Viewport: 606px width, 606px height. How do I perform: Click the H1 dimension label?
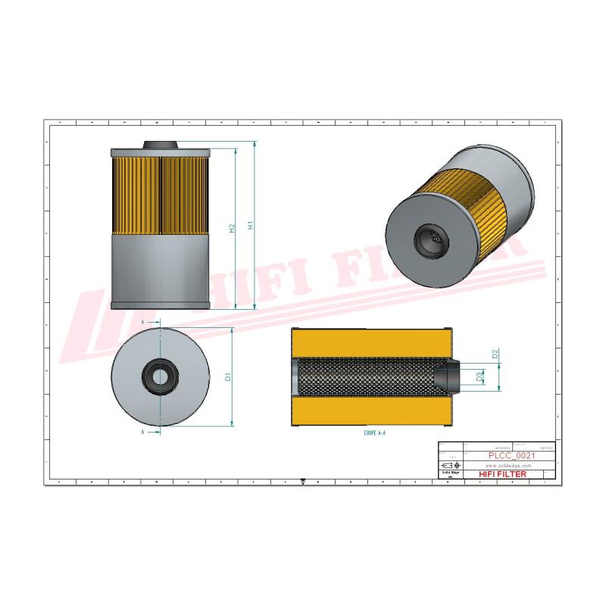[x=251, y=226]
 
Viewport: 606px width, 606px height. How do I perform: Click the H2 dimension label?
[x=232, y=227]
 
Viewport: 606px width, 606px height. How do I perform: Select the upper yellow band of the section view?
[x=371, y=344]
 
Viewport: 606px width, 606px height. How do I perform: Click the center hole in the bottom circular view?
[x=160, y=376]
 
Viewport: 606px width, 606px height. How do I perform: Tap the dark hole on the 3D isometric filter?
[x=428, y=239]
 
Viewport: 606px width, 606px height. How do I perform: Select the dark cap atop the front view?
[x=161, y=143]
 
